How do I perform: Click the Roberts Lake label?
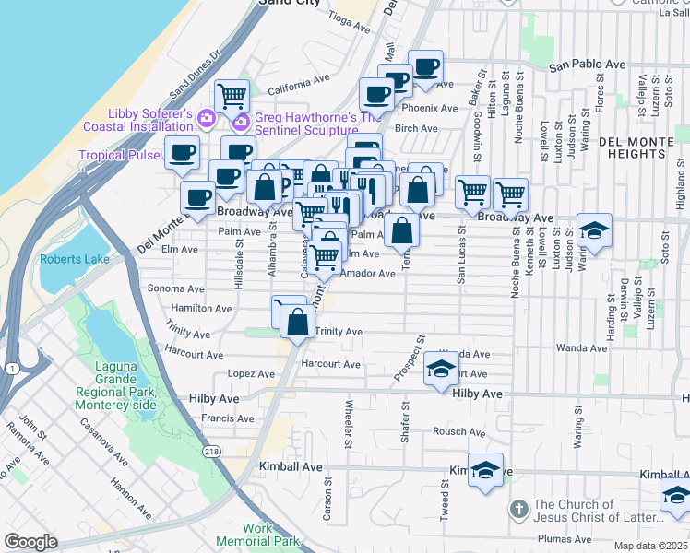click(74, 259)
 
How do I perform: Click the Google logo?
click(30, 542)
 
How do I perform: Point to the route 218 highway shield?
click(211, 449)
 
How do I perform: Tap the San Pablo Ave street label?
click(588, 65)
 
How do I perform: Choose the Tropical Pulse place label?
click(119, 155)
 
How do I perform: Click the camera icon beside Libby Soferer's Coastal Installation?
click(206, 118)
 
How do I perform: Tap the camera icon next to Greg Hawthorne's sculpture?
click(242, 122)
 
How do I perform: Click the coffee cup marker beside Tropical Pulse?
click(182, 151)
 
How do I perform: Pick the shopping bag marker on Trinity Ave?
click(297, 323)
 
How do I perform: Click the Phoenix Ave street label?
click(435, 108)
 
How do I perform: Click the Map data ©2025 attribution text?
click(651, 546)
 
